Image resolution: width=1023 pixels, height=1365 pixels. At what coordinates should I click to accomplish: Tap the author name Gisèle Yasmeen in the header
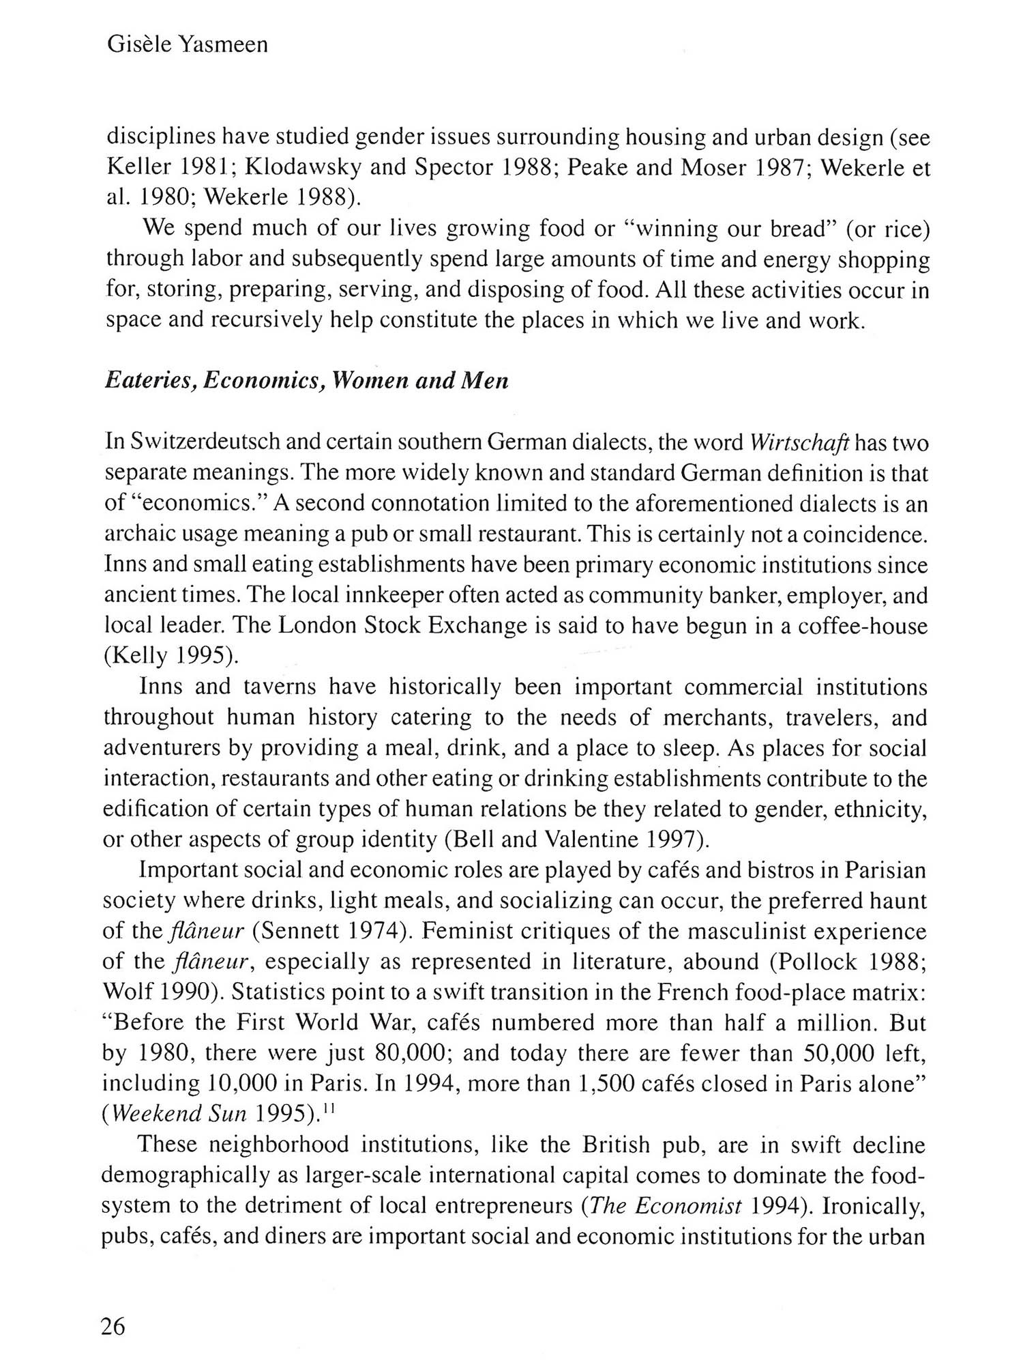coord(188,45)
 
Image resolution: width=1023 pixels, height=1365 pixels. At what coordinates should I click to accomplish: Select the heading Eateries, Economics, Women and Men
coord(306,380)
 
